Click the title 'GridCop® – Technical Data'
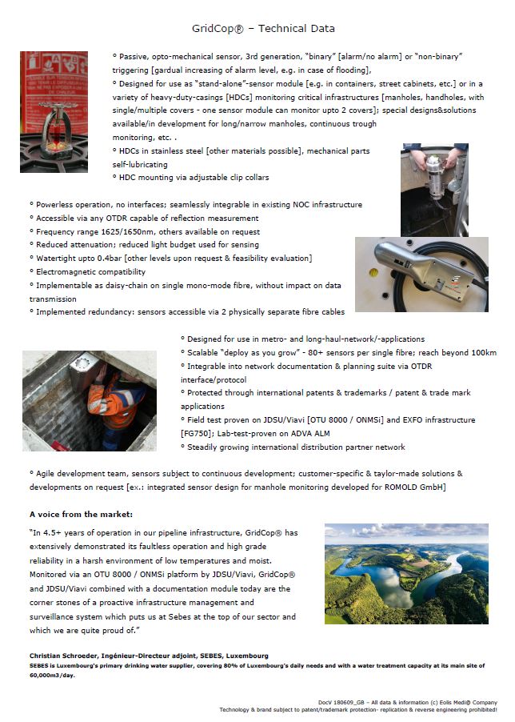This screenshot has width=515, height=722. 263,28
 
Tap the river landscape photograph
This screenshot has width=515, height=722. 406,573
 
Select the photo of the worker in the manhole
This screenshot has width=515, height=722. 89,400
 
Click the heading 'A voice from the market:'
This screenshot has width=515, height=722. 81,513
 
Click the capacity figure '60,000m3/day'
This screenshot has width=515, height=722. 54,674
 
